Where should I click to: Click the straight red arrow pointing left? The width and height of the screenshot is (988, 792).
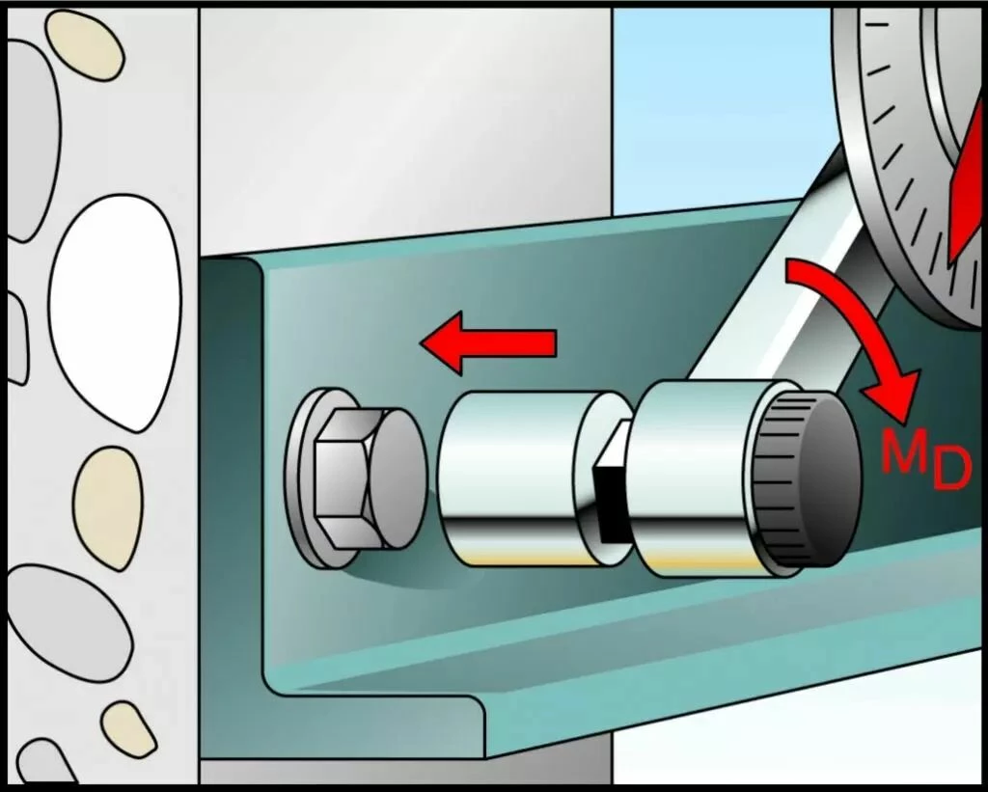(488, 343)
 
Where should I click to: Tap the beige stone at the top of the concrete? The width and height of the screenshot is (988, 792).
(85, 44)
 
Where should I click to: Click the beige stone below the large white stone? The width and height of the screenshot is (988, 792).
(108, 507)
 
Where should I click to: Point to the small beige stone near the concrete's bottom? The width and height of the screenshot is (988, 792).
(128, 729)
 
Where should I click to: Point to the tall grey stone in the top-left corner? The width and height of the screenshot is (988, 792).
(33, 140)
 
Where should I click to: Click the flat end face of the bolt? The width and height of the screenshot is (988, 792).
(397, 478)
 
